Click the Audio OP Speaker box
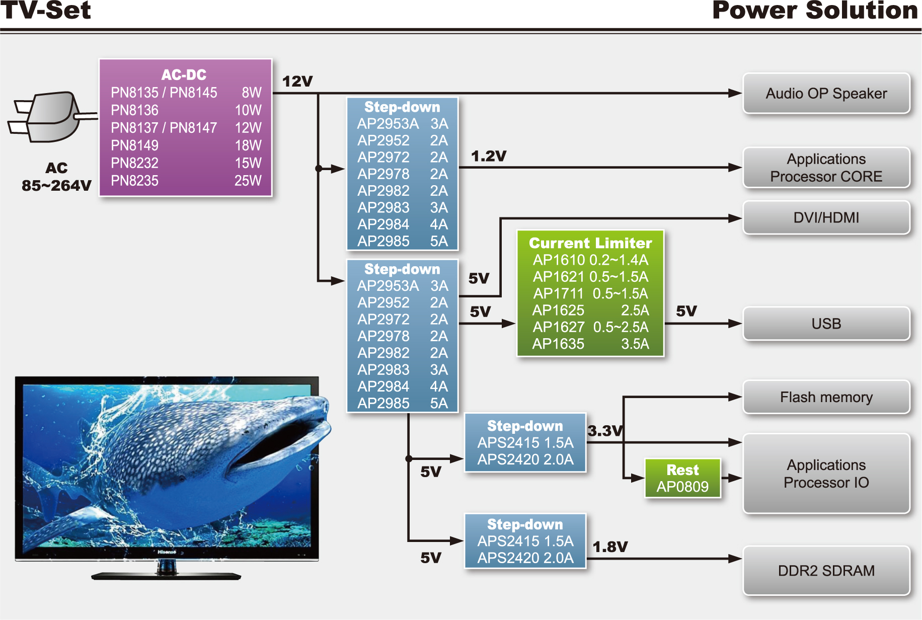tap(826, 94)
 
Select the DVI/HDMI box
tap(826, 217)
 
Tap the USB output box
tap(826, 324)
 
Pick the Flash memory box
tap(826, 397)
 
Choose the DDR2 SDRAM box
tap(826, 571)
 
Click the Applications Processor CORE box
tap(826, 168)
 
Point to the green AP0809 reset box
tap(682, 478)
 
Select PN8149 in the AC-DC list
tap(134, 145)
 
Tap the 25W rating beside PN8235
tap(248, 181)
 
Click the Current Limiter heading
tap(590, 243)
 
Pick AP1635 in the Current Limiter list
tap(558, 344)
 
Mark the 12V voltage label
tap(297, 82)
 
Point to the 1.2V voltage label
tap(488, 156)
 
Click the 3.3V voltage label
tap(605, 431)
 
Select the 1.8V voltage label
tap(610, 547)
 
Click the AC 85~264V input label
tap(56, 177)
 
